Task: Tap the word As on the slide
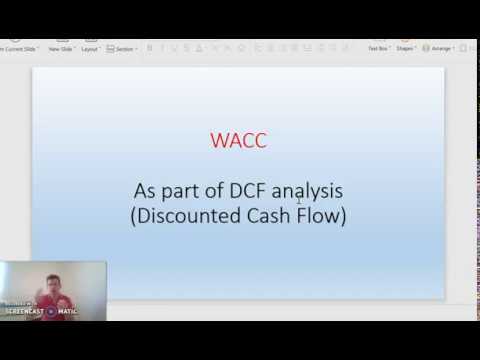pyautogui.click(x=146, y=189)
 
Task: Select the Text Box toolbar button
pyautogui.click(x=378, y=47)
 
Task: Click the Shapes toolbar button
pyautogui.click(x=406, y=47)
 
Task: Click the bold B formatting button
pyautogui.click(x=150, y=48)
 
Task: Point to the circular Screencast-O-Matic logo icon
pyautogui.click(x=50, y=311)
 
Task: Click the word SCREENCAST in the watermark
pyautogui.click(x=24, y=311)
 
